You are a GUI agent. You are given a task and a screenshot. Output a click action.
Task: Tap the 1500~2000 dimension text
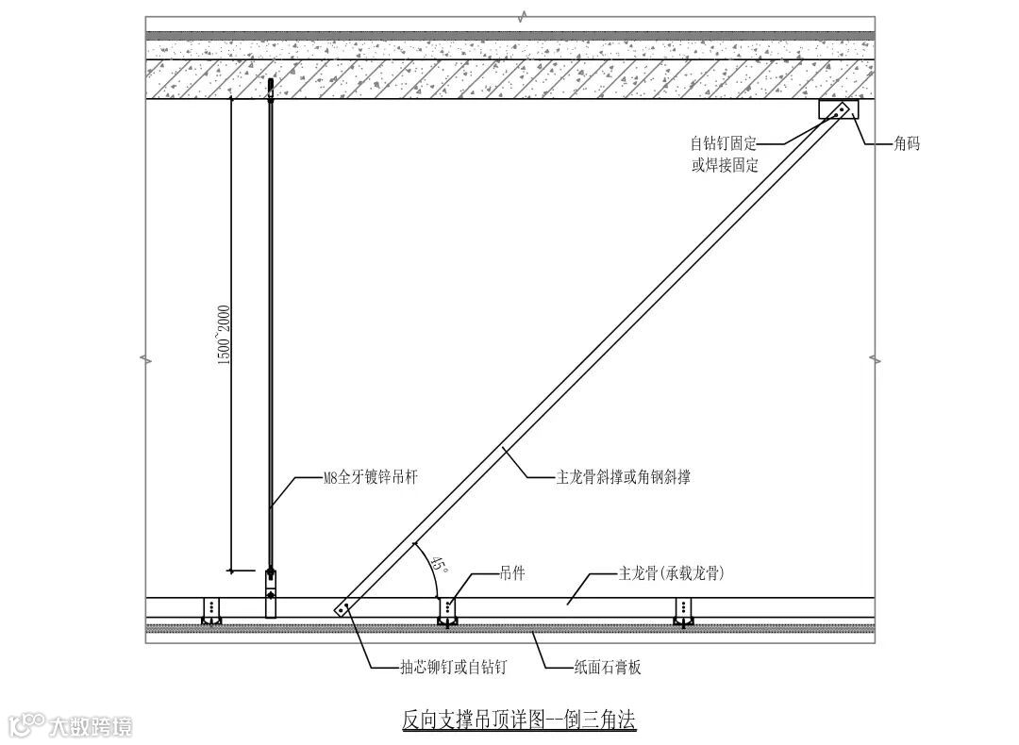(226, 336)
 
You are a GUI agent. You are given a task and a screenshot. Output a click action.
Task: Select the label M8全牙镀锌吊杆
(371, 478)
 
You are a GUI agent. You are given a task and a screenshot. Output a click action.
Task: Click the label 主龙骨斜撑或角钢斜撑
(623, 477)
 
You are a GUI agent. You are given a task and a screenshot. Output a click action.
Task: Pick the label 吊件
(512, 572)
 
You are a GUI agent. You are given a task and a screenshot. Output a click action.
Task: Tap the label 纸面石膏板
(608, 668)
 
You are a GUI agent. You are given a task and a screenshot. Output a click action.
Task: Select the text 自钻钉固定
(724, 144)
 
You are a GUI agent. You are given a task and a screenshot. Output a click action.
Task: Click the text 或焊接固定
(724, 165)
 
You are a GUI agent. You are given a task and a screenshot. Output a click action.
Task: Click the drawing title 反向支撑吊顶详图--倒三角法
(519, 720)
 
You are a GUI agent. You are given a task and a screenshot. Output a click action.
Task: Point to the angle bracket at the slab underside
(839, 110)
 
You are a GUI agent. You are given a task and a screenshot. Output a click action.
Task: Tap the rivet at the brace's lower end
(343, 608)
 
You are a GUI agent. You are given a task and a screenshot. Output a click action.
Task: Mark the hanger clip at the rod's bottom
(271, 592)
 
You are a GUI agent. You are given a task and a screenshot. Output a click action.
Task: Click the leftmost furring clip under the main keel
(211, 611)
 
